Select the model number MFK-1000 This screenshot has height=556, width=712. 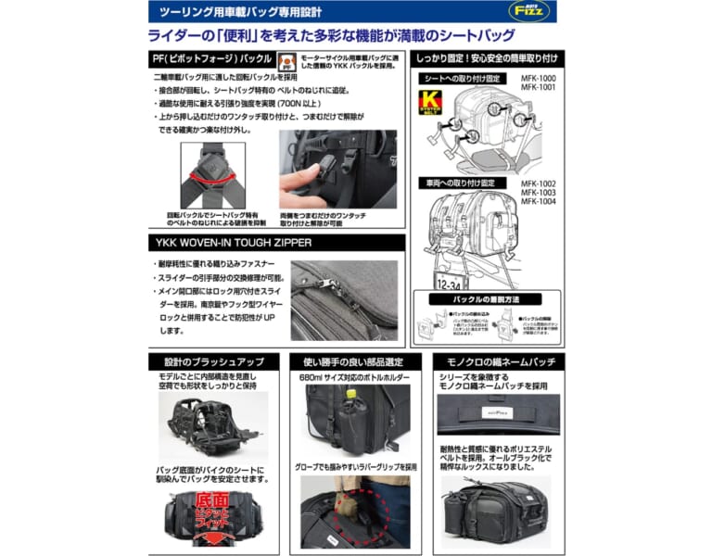pyautogui.click(x=539, y=79)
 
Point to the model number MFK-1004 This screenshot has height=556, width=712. pyautogui.click(x=539, y=201)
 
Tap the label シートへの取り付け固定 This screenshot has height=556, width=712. pyautogui.click(x=464, y=79)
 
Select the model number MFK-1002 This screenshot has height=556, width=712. pyautogui.click(x=539, y=183)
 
